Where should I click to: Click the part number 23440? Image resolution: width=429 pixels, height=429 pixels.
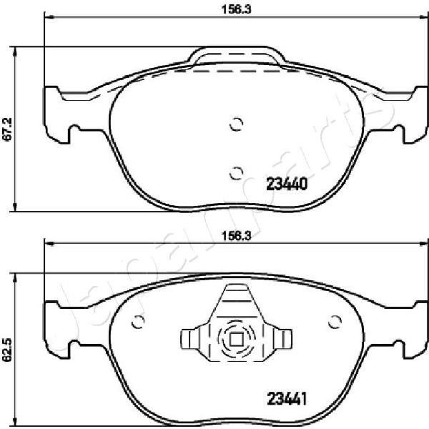(x=287, y=184)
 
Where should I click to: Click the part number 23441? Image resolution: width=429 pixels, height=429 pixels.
(x=287, y=399)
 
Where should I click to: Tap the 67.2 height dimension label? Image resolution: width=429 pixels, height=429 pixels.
(x=7, y=129)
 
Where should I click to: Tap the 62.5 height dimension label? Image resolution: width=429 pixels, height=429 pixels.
(x=7, y=350)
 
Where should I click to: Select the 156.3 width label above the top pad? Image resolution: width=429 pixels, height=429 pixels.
(x=236, y=9)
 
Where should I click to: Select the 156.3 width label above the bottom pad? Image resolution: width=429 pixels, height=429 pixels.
(x=236, y=236)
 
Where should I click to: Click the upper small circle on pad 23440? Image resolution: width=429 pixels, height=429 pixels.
(x=237, y=124)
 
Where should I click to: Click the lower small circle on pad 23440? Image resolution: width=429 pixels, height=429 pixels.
(x=236, y=173)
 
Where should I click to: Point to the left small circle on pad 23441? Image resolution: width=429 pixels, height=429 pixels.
(x=138, y=322)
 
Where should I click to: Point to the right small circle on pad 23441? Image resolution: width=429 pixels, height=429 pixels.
(x=335, y=322)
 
